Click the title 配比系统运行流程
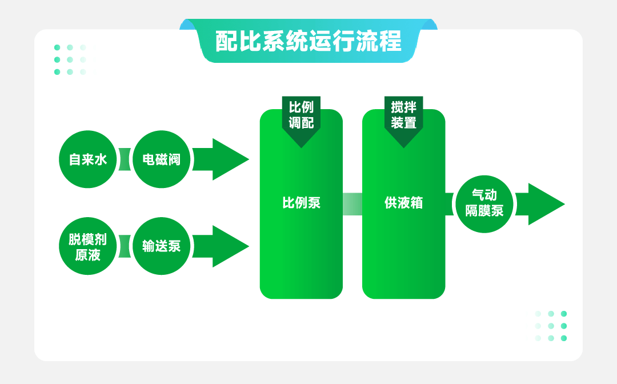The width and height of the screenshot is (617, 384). [308, 41]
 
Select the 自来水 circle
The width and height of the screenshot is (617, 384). [87, 159]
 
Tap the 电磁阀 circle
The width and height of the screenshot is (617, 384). [162, 159]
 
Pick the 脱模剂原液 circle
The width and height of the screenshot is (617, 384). [87, 246]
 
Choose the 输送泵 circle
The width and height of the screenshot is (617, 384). [162, 246]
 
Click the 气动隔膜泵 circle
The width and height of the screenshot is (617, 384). [484, 203]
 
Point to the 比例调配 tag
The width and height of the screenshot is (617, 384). [301, 117]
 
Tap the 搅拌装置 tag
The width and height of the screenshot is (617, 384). [403, 117]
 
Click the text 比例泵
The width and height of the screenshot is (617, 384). [301, 203]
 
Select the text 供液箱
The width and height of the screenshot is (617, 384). [403, 203]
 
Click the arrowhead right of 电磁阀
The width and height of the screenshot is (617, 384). [229, 159]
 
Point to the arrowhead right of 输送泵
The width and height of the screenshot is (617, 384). [229, 246]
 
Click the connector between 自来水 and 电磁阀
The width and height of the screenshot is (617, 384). [125, 159]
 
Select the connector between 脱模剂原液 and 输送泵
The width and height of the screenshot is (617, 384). [125, 246]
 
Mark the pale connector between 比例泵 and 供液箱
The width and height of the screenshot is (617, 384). [352, 204]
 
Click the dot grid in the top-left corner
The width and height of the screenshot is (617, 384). [70, 59]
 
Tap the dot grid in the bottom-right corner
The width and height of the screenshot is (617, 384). [551, 326]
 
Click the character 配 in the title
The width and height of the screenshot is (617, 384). [226, 41]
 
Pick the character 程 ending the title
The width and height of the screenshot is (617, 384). [391, 41]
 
